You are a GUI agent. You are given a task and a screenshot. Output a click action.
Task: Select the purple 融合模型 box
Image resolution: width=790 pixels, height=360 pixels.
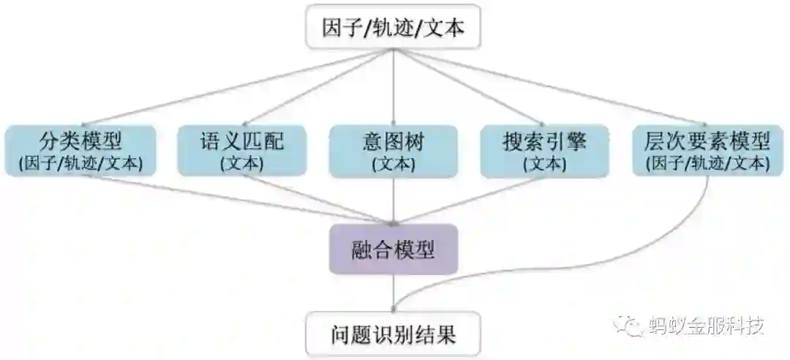tap(394, 250)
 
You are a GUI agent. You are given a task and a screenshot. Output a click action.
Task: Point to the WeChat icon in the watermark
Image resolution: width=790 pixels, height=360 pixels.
tap(630, 324)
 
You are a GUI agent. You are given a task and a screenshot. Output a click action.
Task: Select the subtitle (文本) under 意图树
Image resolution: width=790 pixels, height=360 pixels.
tap(394, 163)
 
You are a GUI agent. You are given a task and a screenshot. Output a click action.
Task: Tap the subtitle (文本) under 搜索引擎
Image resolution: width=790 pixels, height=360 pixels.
tap(545, 163)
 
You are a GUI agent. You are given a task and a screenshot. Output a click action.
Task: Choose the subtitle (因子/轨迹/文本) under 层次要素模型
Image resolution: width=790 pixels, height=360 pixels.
tap(702, 163)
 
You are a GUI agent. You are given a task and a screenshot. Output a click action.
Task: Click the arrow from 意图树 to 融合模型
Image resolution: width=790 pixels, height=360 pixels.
tap(394, 201)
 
